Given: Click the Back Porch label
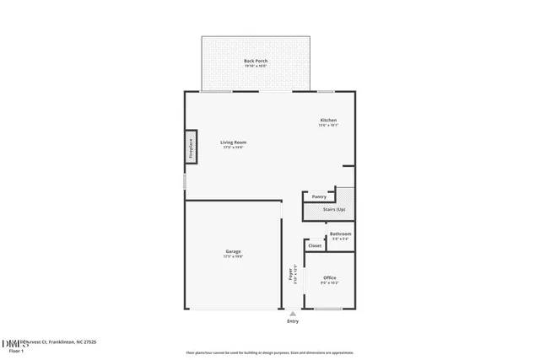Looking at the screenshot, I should [256, 61].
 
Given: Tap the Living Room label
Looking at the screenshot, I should [233, 142].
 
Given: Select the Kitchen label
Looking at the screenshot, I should [328, 121].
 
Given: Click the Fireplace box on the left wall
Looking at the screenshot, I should [191, 148].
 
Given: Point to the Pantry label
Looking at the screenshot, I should [319, 196].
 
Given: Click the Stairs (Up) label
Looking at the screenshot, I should [334, 209].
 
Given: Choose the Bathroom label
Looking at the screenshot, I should [340, 234].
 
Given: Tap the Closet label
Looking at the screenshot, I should [314, 246].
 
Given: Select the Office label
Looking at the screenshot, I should [330, 277].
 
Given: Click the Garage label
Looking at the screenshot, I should [233, 251].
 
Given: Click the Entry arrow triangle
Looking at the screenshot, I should [293, 313].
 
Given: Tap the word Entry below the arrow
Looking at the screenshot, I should [293, 321].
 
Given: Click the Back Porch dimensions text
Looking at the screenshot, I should [256, 66].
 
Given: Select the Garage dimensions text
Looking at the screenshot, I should [233, 256].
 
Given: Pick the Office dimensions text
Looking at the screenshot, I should [330, 282].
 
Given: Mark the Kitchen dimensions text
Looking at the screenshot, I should [328, 126].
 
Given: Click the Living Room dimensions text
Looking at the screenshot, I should [233, 148].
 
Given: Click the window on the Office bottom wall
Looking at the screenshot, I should [329, 309].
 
